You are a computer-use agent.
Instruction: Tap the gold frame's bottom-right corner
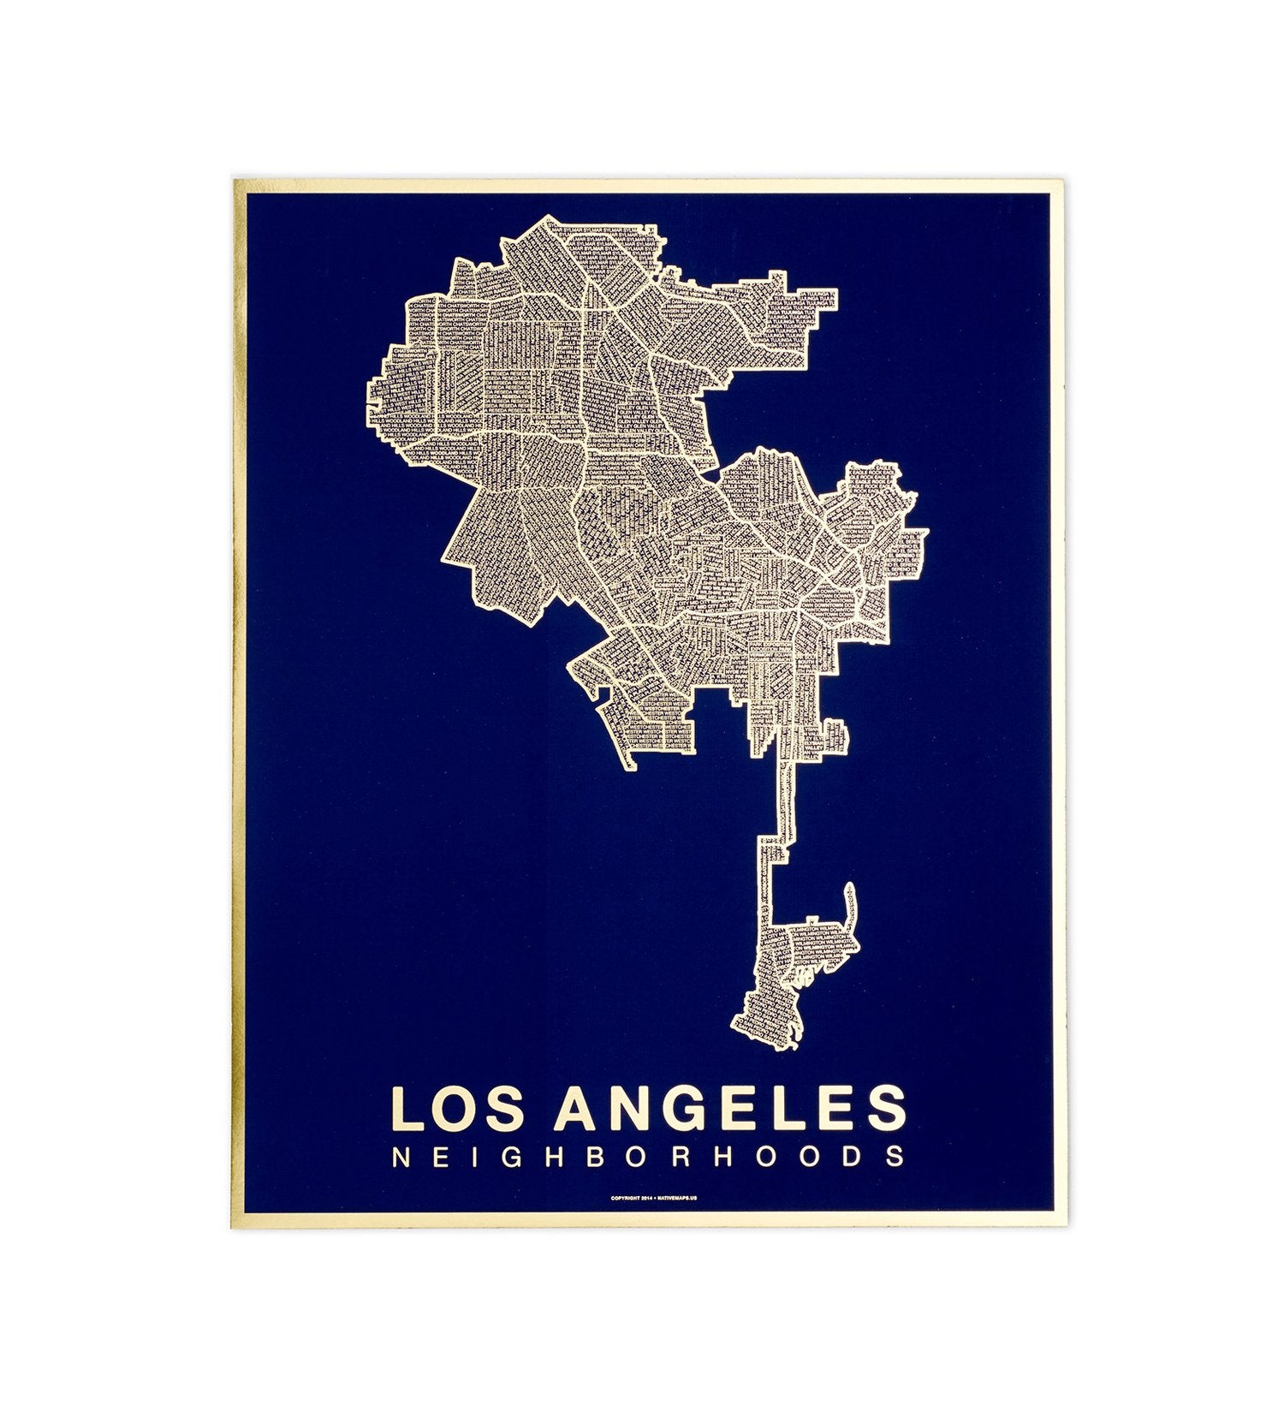[1057, 1220]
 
